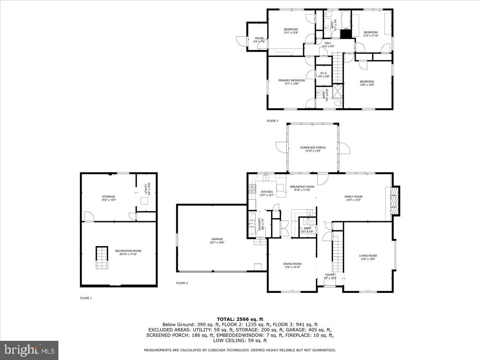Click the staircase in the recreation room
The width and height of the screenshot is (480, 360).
click(x=101, y=258)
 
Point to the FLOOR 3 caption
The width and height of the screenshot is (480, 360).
click(x=272, y=120)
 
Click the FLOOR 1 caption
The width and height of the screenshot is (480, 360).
click(x=86, y=298)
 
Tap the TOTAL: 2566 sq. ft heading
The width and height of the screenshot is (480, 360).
click(x=240, y=319)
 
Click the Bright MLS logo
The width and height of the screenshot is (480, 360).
click(x=29, y=350)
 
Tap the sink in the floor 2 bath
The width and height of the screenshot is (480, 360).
click(x=308, y=221)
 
